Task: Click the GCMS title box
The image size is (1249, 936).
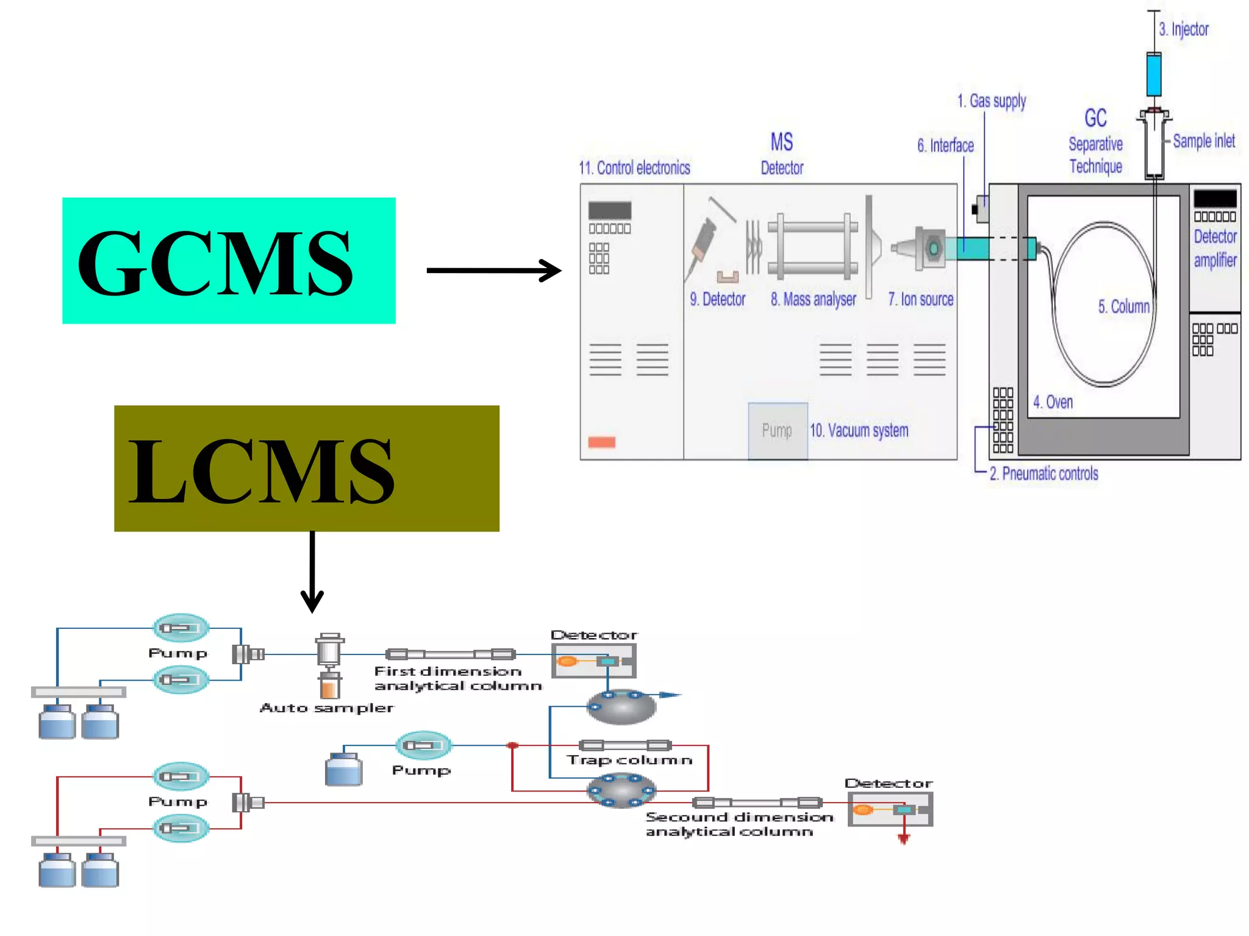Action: pos(229,260)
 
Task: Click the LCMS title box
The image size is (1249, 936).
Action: pos(306,468)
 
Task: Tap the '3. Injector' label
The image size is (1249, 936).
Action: pos(1183,29)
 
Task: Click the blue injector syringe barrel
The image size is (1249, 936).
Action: pos(1153,74)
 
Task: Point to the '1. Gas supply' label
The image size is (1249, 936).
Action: pos(992,101)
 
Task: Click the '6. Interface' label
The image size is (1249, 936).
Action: pos(945,146)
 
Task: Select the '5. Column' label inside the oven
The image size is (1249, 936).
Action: pos(1123,307)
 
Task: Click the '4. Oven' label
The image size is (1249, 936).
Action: pos(1053,402)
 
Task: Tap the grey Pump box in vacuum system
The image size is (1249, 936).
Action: pos(778,430)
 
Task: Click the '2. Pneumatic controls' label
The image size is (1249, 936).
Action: pos(1043,473)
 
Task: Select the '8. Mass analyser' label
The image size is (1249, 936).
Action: pos(813,299)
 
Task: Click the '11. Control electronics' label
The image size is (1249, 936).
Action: pos(634,168)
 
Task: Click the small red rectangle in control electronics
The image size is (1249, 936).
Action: pos(601,442)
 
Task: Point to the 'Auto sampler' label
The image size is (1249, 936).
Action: pos(327,708)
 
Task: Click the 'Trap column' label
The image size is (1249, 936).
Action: pos(629,760)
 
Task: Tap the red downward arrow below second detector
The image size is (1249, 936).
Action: pos(903,838)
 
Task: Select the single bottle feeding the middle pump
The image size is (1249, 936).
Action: pos(343,769)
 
